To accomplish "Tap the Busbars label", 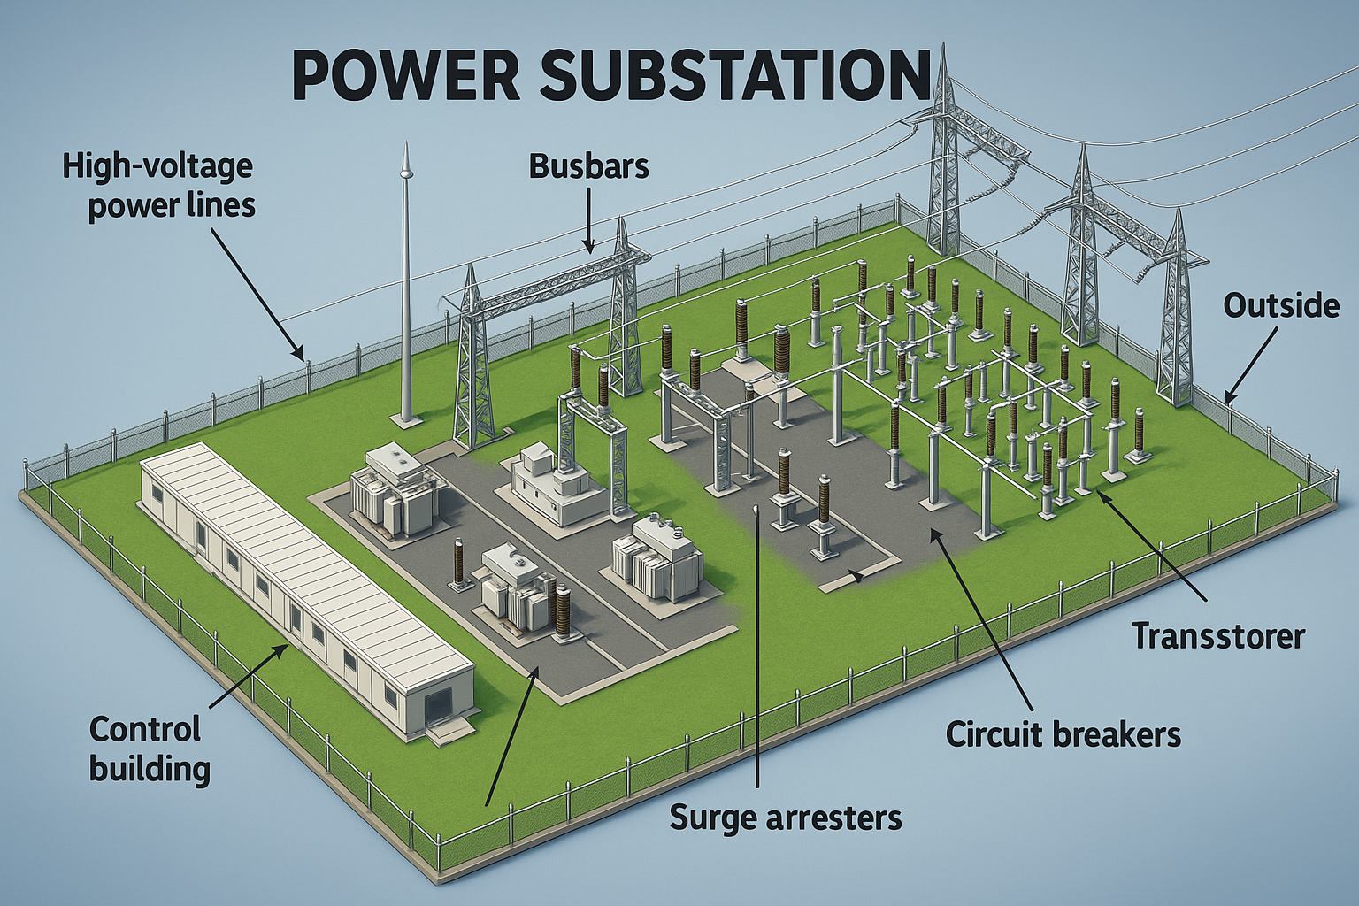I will point(588,166).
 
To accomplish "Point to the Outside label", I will point(1280,306).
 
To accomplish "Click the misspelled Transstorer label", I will point(1218,635).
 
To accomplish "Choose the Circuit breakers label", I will point(1063,734).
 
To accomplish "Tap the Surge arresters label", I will point(786,818).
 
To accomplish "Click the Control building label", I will point(149,749).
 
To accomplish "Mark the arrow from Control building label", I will point(248,679).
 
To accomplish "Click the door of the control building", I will point(435,708).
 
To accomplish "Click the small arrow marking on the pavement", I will point(855,577).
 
